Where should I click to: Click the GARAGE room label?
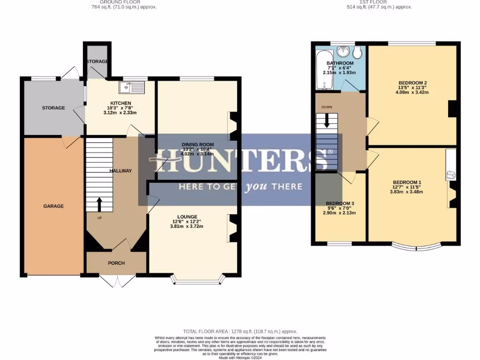pyautogui.click(x=53, y=206)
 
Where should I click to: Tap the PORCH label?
pyautogui.click(x=116, y=263)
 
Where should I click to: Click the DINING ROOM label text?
pyautogui.click(x=198, y=144)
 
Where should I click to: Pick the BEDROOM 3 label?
pyautogui.click(x=340, y=203)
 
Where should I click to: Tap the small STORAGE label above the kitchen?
pyautogui.click(x=97, y=61)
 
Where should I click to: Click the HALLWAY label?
pyautogui.click(x=120, y=171)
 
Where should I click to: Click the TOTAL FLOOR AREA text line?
pyautogui.click(x=240, y=331)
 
